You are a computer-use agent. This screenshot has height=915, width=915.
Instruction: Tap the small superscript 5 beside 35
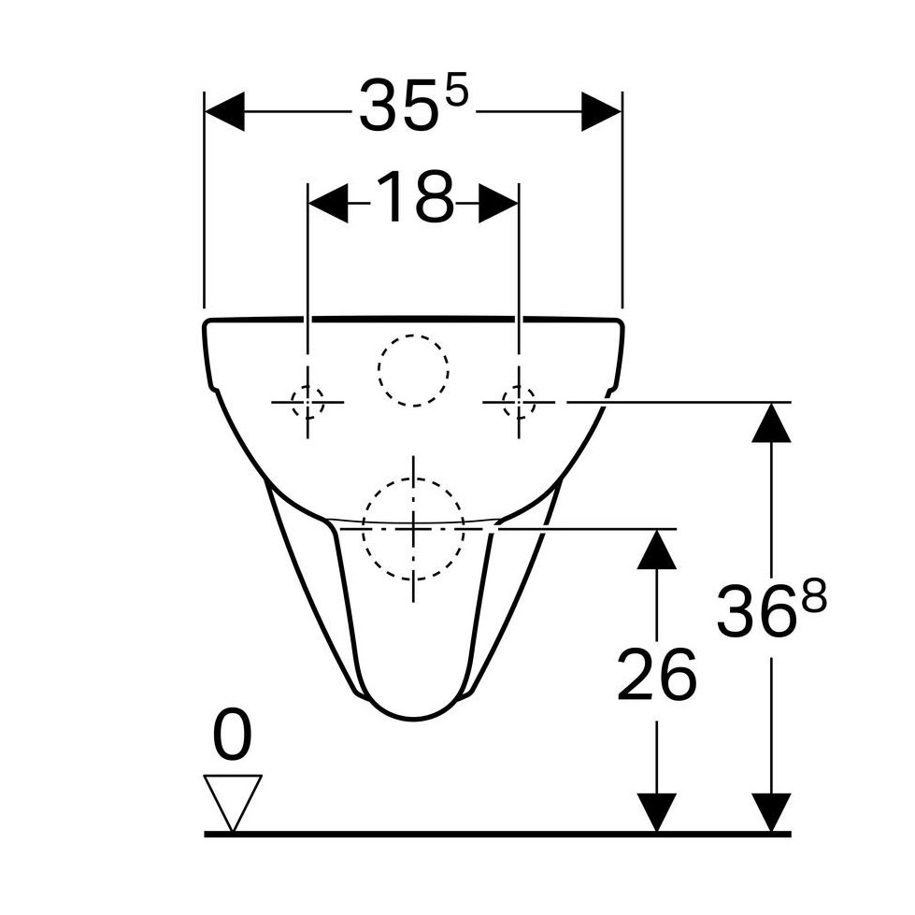tap(456, 93)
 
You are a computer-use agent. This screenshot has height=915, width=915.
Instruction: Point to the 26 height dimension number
tap(656, 674)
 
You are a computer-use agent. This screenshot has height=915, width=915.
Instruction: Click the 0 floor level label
tap(233, 735)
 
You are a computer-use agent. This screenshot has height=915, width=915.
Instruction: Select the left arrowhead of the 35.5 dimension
tap(225, 111)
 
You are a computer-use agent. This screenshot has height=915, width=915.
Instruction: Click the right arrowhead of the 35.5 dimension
tap(601, 111)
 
